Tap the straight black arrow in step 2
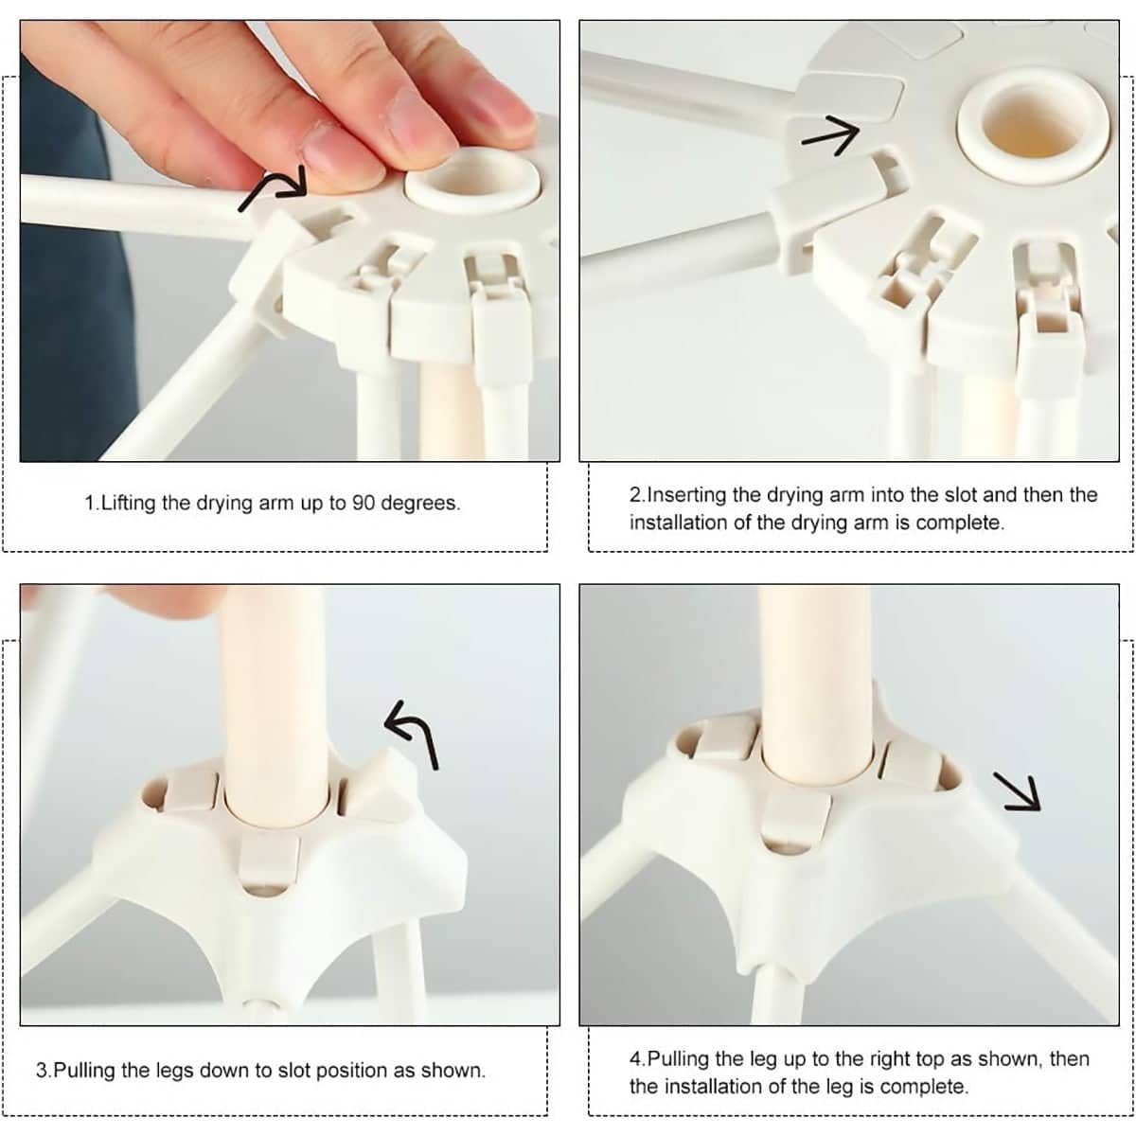tap(831, 136)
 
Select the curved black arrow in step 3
tap(419, 728)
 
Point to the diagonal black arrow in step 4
tap(1017, 791)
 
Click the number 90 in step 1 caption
tap(364, 503)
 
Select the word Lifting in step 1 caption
tap(128, 504)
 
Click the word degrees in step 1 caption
tap(419, 504)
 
